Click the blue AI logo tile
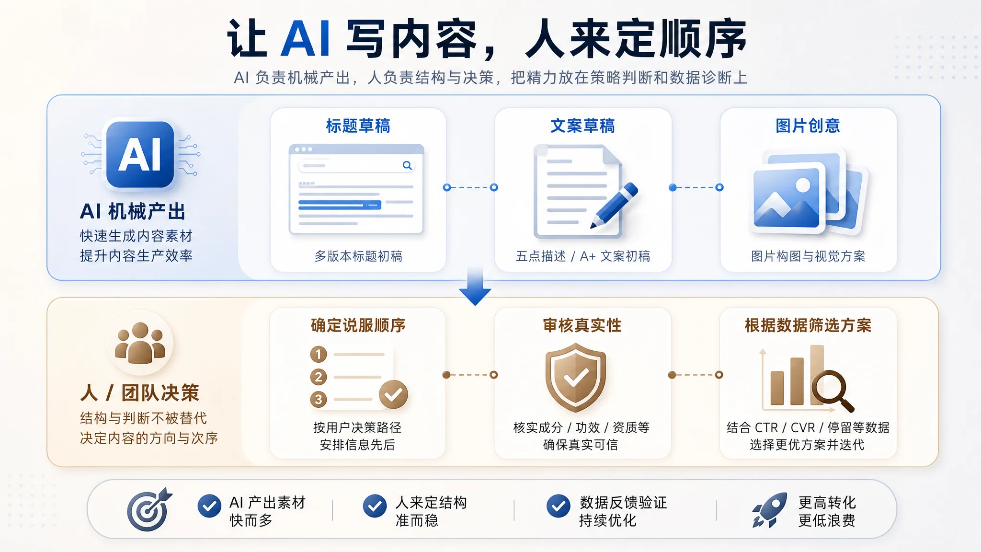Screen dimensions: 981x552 click(140, 154)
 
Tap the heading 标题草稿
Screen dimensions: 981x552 click(358, 126)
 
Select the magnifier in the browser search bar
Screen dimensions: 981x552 click(407, 165)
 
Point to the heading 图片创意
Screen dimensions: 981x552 click(808, 126)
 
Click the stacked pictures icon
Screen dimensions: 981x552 click(809, 192)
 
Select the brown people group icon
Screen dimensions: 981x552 click(140, 343)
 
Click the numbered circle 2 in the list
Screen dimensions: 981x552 click(319, 377)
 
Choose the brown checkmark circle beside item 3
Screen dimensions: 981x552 click(393, 394)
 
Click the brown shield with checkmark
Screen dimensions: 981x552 click(576, 377)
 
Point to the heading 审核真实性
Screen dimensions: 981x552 click(582, 325)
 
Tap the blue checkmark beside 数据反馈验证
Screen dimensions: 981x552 click(559, 506)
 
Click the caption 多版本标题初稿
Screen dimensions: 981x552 click(358, 256)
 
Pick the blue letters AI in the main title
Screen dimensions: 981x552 click(305, 39)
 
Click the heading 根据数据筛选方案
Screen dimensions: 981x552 click(808, 325)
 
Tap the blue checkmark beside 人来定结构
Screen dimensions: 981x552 click(375, 506)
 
